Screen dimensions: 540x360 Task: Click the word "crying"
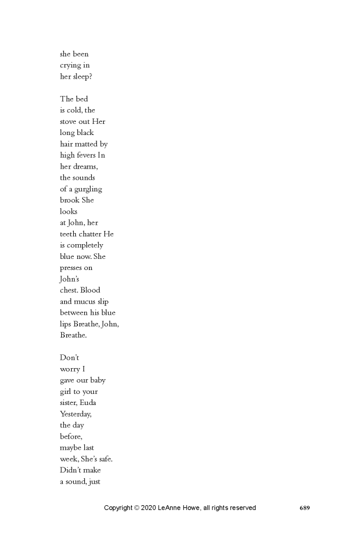click(x=70, y=65)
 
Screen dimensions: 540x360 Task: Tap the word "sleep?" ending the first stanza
click(x=82, y=76)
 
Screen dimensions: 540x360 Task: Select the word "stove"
click(x=69, y=121)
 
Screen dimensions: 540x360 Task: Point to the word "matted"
click(x=85, y=144)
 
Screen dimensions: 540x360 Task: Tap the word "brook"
click(x=69, y=200)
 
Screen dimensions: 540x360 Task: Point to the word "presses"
click(x=71, y=268)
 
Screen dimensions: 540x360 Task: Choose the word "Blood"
click(x=90, y=290)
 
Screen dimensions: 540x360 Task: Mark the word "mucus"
click(x=86, y=302)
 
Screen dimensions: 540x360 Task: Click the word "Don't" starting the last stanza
click(x=70, y=358)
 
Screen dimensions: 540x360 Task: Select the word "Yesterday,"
click(x=76, y=414)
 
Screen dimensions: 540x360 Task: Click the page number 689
click(x=305, y=508)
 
